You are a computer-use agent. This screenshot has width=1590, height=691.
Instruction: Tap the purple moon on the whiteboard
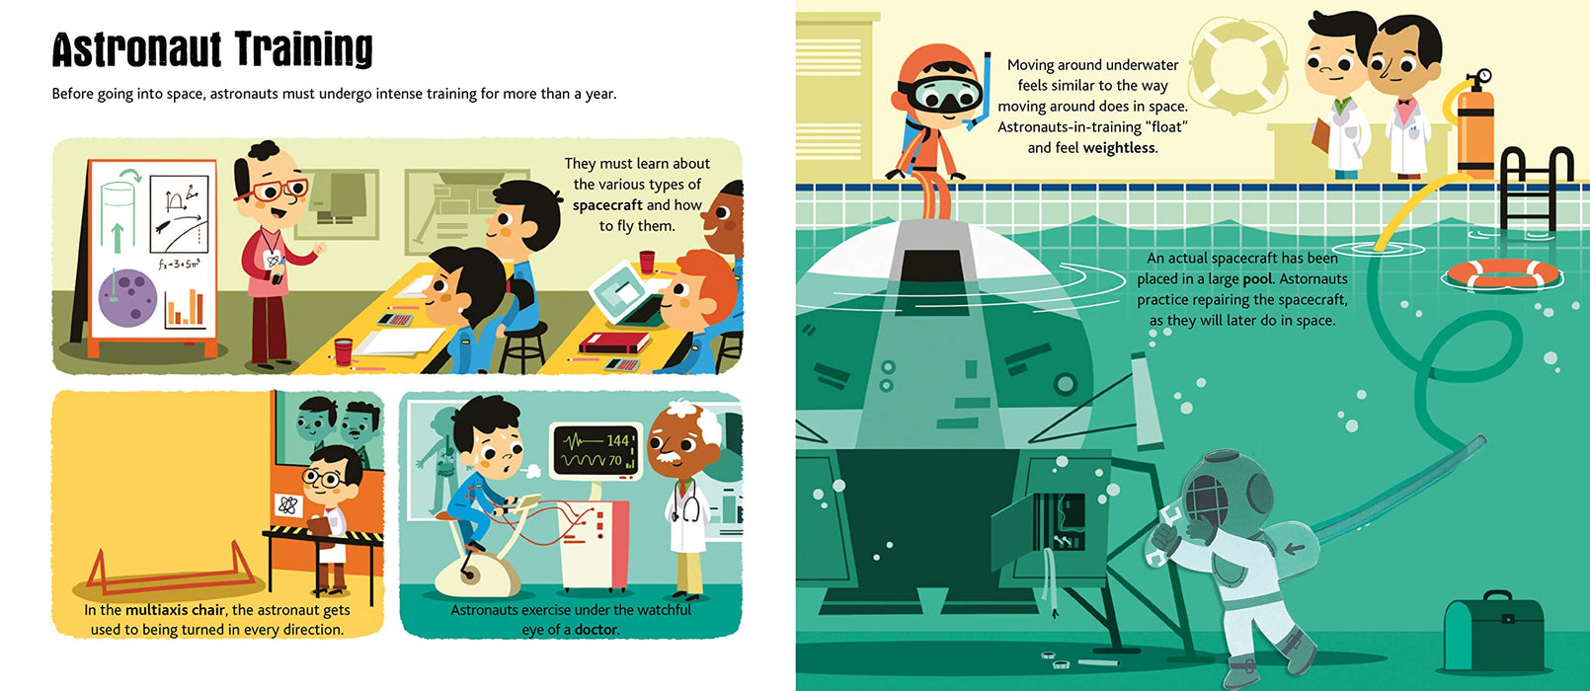[x=127, y=297]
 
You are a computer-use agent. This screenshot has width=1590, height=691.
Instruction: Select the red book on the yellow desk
[x=613, y=344]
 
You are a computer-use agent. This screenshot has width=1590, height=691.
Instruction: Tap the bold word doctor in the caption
[x=596, y=629]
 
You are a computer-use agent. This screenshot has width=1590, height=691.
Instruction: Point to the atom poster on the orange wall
[x=288, y=505]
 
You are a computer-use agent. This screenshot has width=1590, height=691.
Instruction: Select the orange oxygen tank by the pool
[x=1475, y=127]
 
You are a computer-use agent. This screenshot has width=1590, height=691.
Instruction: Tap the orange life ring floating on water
[x=1502, y=273]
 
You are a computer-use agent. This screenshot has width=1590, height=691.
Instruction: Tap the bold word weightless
[x=1119, y=147]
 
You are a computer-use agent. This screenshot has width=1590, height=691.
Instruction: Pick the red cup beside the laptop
[x=647, y=262]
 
